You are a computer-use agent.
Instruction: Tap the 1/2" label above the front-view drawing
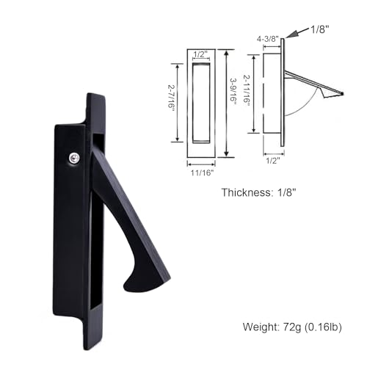[200, 54]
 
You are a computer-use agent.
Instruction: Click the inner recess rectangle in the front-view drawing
[199, 102]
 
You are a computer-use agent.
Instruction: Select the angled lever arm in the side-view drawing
[312, 83]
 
